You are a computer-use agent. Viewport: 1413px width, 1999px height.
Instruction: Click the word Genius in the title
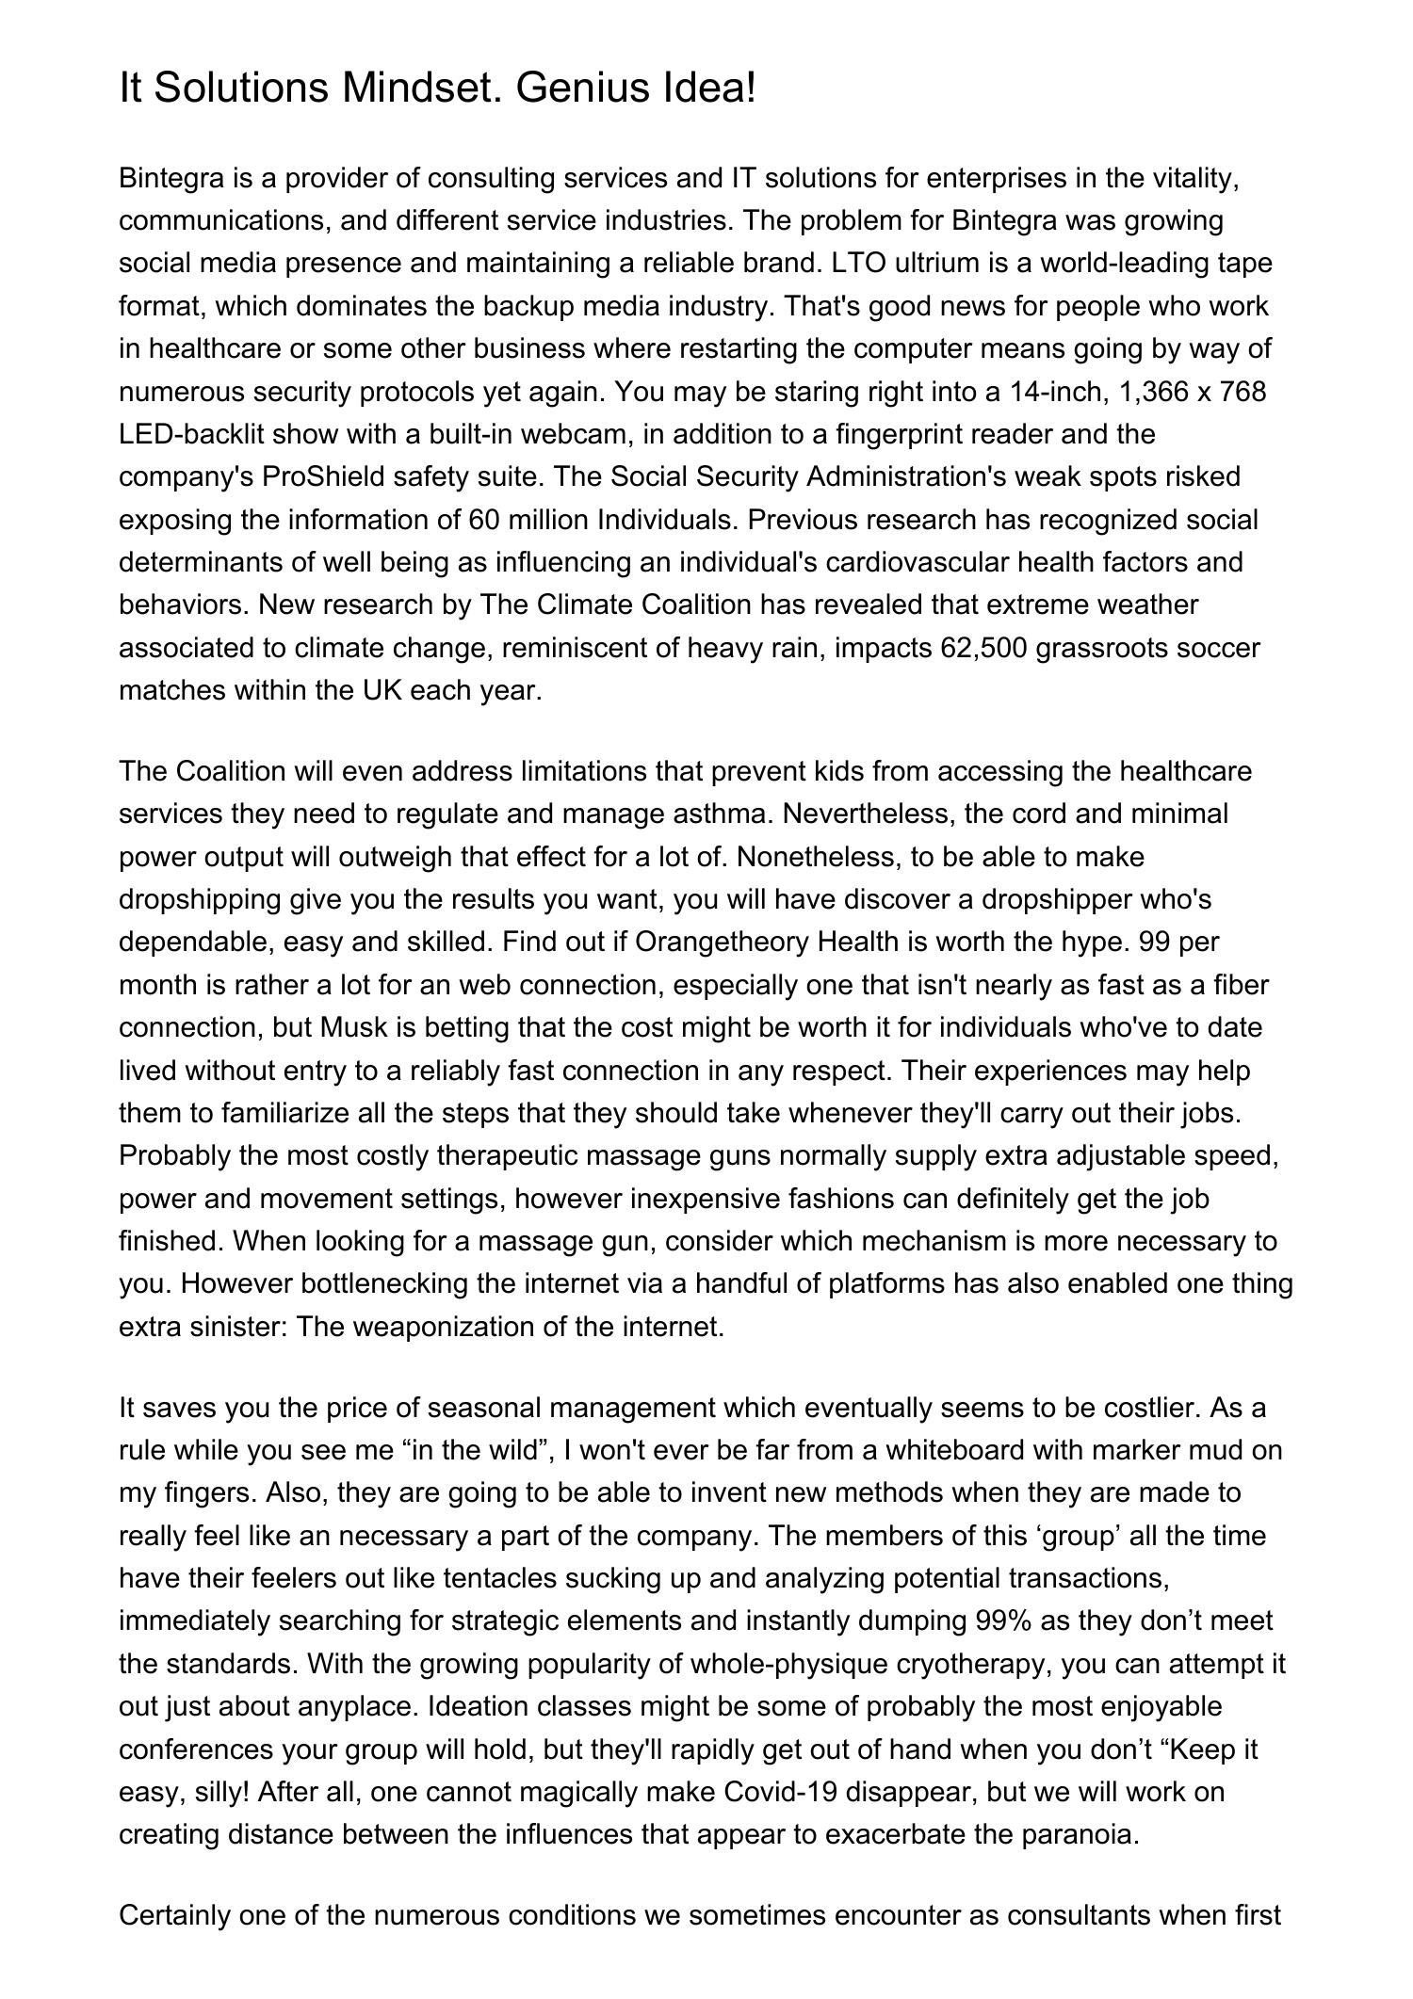click(573, 89)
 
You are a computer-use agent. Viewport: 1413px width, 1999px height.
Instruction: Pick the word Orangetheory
click(723, 942)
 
